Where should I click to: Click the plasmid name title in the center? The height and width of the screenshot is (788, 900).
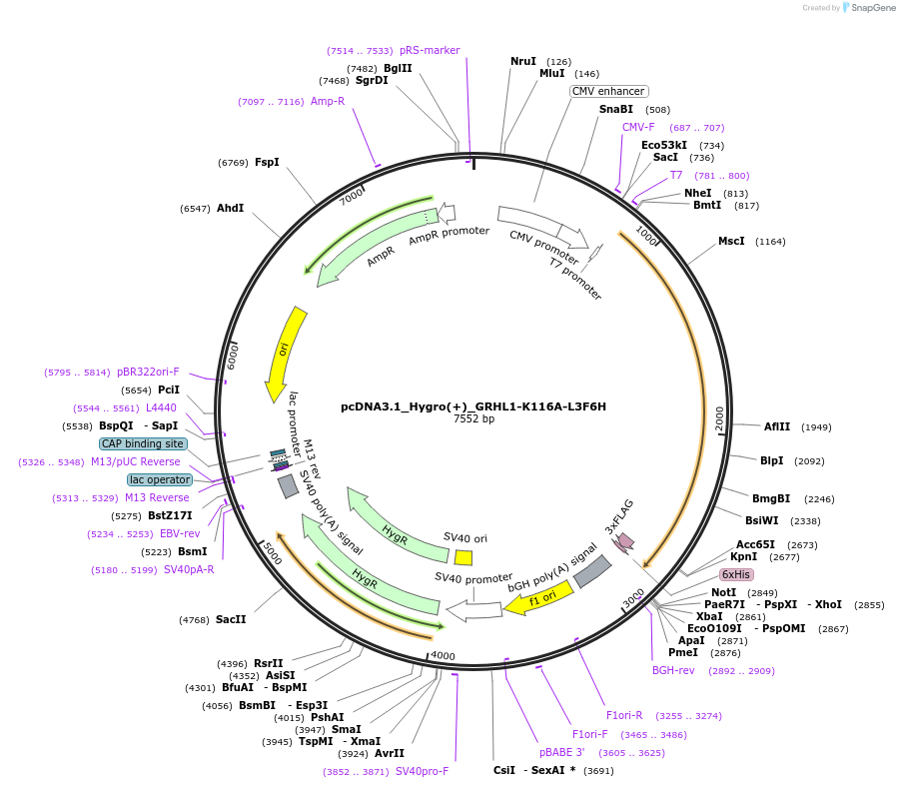[473, 406]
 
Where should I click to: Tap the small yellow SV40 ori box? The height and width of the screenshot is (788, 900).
[463, 556]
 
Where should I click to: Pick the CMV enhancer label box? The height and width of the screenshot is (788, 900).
[608, 91]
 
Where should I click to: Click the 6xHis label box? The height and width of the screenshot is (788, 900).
[736, 574]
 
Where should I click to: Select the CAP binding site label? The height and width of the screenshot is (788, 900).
[143, 443]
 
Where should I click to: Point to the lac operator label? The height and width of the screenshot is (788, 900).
[159, 479]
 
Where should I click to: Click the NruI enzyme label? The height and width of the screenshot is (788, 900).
[523, 61]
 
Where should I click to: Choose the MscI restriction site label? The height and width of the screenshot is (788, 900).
[731, 241]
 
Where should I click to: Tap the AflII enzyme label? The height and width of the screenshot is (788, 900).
[777, 426]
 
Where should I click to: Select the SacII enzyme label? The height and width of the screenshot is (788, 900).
[231, 619]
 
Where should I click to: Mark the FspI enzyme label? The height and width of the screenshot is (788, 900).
[267, 162]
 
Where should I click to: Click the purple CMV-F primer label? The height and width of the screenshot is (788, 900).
[638, 127]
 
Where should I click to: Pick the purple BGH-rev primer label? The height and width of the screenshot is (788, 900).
[673, 670]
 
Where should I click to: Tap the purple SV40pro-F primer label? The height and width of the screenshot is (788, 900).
[423, 771]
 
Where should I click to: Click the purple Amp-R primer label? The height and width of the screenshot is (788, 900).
[328, 101]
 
